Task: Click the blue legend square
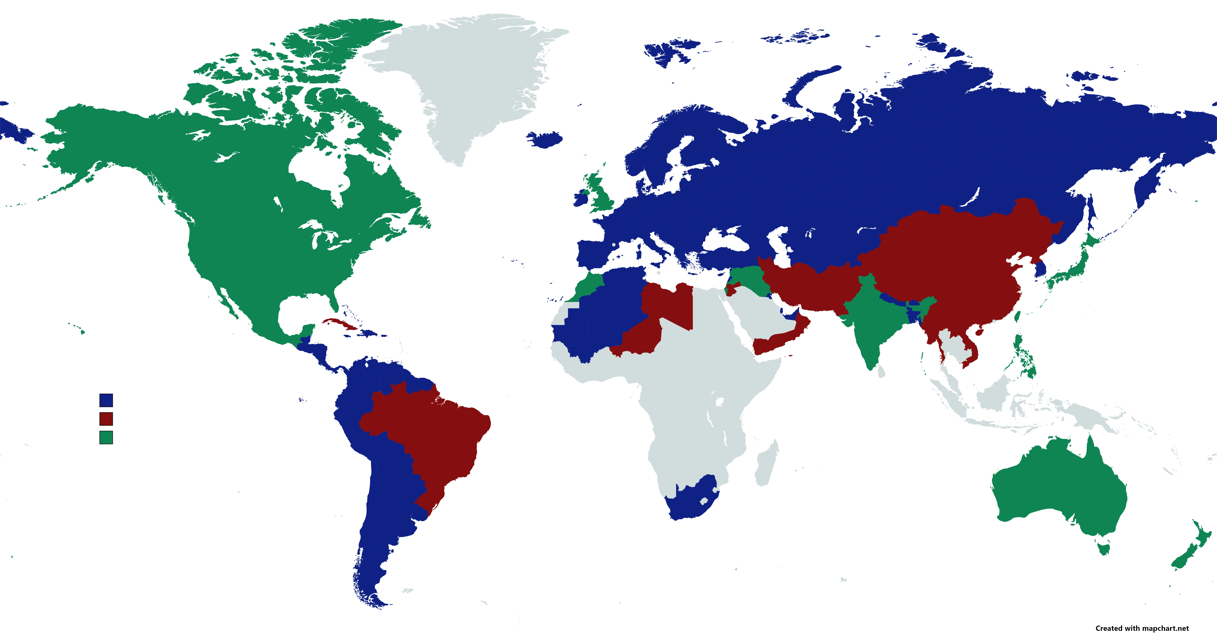tap(106, 400)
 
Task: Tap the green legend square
tap(106, 437)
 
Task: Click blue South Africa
tap(690, 501)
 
